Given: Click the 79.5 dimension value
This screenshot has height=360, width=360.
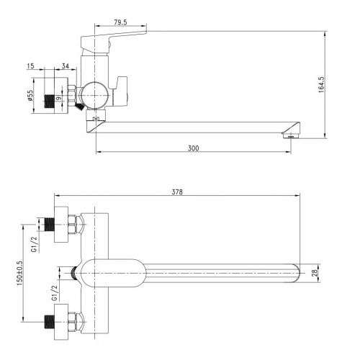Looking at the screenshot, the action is click(x=120, y=22).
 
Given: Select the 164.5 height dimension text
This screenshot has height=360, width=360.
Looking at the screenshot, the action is click(x=321, y=85).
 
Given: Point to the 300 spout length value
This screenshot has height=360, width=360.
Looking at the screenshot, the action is click(x=193, y=148).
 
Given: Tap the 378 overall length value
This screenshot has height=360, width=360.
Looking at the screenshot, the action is click(x=177, y=192).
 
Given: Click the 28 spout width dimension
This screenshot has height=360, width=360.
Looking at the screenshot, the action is click(x=315, y=273).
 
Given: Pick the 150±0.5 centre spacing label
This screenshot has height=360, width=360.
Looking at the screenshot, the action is click(x=19, y=274).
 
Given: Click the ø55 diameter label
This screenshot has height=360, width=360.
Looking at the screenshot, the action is click(x=30, y=96).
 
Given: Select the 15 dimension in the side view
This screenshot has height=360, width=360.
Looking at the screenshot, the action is click(x=31, y=66).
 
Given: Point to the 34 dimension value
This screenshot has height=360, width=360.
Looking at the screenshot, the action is click(x=66, y=66).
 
